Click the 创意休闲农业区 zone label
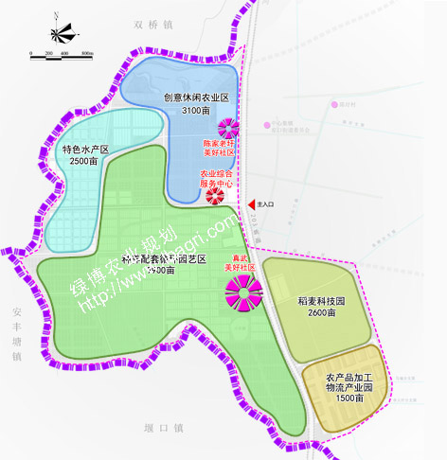click(196, 97)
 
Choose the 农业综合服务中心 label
click(217, 179)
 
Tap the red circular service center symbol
click(215, 197)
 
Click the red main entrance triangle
click(251, 203)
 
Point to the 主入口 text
click(266, 203)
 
